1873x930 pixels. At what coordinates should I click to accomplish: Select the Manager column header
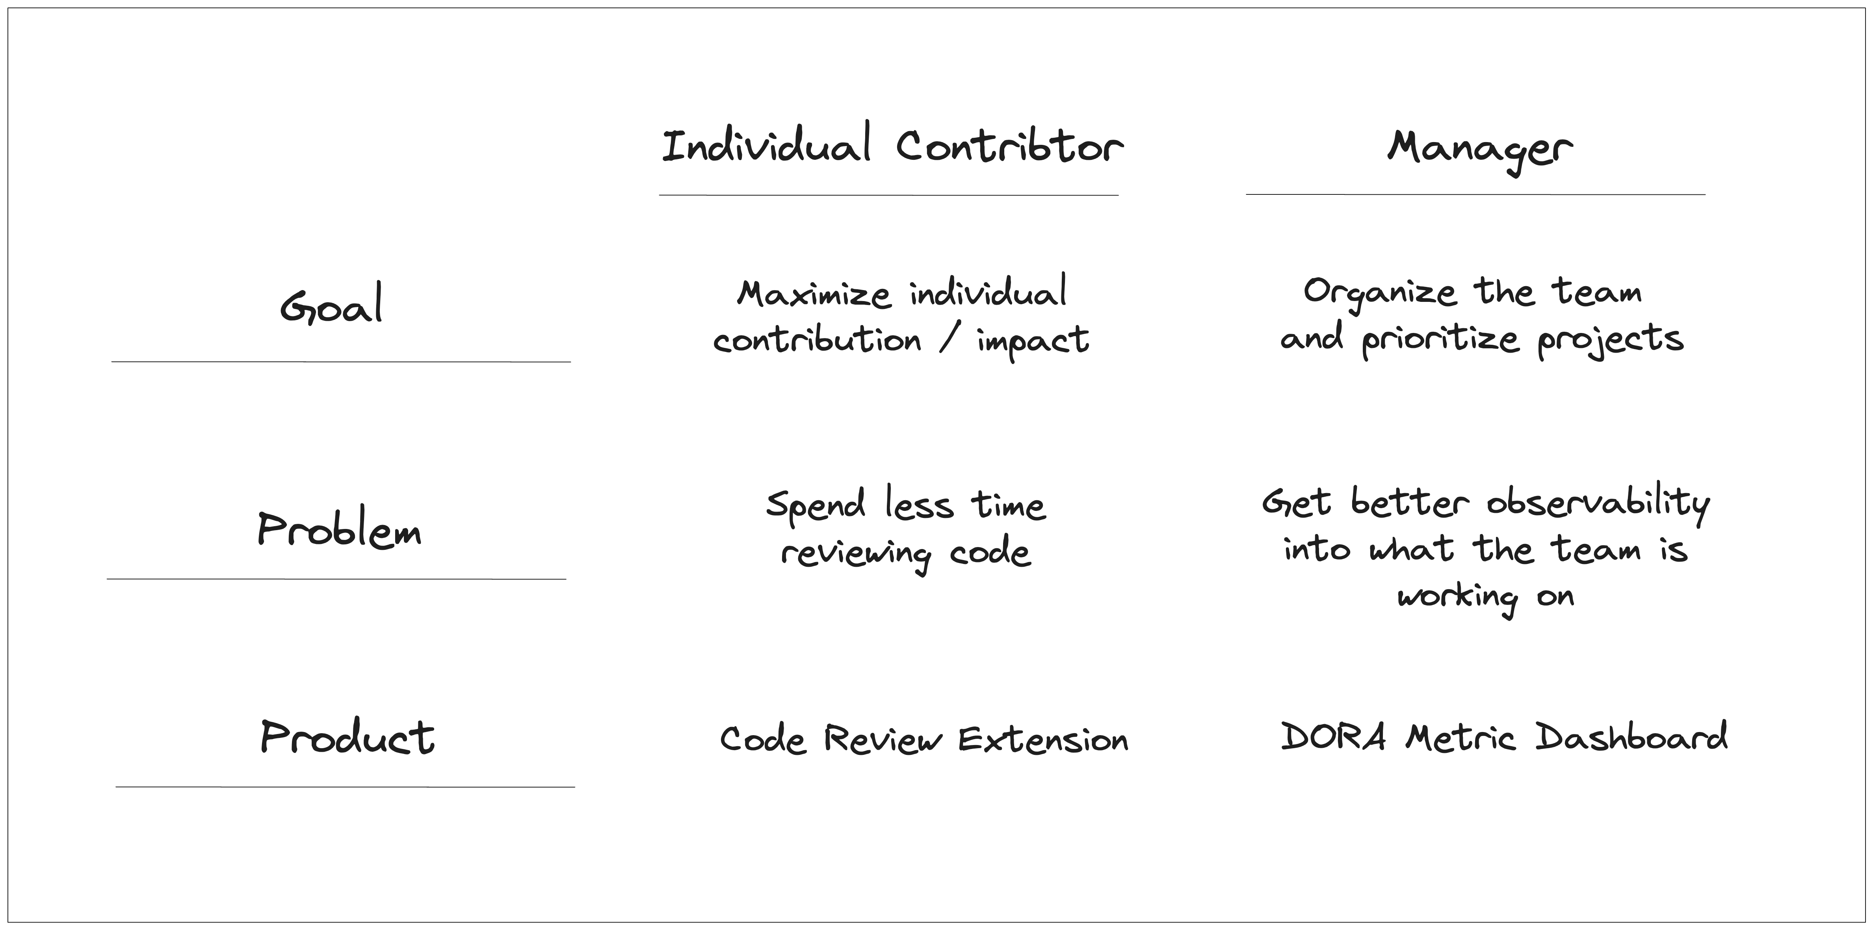[1480, 148]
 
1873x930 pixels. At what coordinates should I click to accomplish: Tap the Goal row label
[332, 305]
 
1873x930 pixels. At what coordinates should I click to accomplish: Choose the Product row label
[347, 738]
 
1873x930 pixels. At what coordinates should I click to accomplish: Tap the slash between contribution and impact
[948, 339]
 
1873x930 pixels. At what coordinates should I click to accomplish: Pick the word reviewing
[855, 554]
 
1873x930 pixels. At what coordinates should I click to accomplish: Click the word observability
[1598, 503]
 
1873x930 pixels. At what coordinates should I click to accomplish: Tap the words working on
[1485, 597]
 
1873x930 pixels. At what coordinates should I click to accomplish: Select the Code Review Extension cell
[923, 740]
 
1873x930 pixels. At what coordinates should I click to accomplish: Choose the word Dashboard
[1631, 738]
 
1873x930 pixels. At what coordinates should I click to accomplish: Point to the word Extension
[1042, 740]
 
